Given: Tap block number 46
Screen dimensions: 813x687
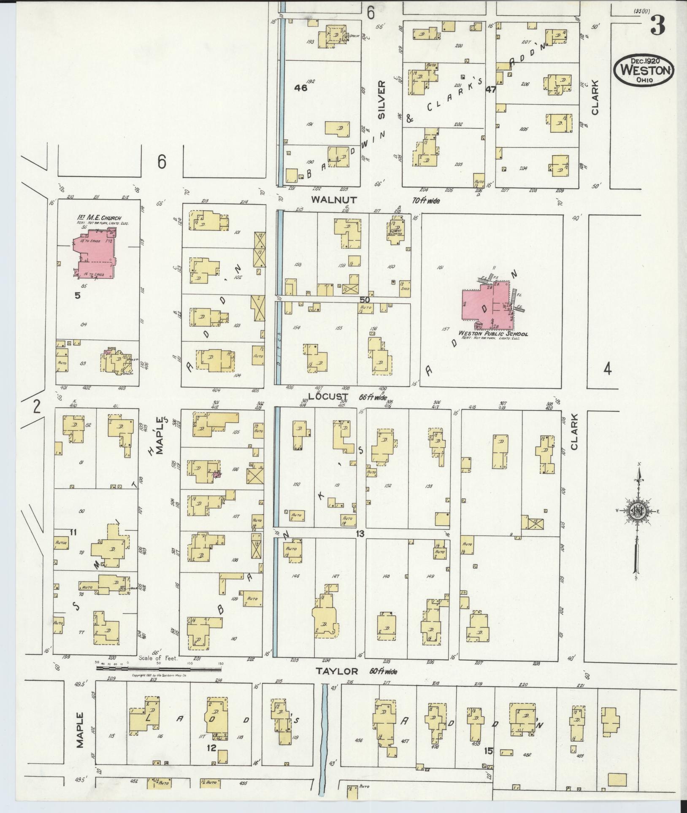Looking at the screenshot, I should [301, 88].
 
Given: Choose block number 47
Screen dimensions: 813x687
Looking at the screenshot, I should [490, 89].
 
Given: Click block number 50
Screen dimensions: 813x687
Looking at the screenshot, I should [365, 300].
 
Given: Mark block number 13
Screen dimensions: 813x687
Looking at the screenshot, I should [360, 534].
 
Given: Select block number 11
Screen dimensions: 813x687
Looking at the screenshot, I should [73, 532].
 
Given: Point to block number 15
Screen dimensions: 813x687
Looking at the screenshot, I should [489, 751].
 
